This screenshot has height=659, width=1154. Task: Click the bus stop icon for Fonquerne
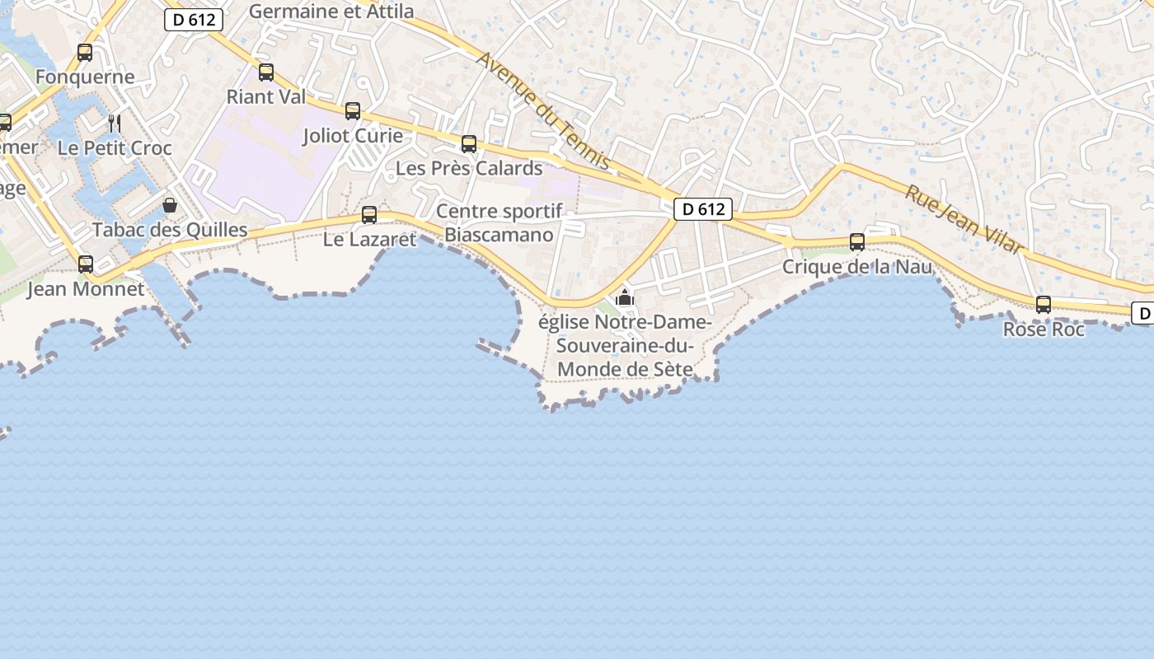pos(85,53)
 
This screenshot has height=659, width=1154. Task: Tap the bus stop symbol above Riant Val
pos(266,72)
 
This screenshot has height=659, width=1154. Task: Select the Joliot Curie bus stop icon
pos(353,111)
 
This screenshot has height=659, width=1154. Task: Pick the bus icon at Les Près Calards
pos(469,144)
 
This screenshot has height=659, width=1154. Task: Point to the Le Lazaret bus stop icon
pos(369,215)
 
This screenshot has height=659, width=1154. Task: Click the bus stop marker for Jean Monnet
pos(86,264)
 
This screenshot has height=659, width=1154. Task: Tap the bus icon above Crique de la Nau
pos(857,242)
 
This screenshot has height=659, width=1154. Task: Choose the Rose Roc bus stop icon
pos(1044,305)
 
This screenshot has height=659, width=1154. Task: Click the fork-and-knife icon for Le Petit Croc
pos(115,124)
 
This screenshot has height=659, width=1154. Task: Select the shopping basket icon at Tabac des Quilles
pos(170,205)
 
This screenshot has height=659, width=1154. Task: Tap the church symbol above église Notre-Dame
pos(625,297)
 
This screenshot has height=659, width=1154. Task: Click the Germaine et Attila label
pos(331,12)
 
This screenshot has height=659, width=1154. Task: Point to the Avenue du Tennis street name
pos(544,111)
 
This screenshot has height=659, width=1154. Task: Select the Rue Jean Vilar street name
pos(964,219)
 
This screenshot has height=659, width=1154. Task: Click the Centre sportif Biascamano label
pos(499,222)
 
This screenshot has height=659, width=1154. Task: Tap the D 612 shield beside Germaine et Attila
pos(195,20)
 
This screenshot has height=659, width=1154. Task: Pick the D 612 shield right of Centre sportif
pos(703,209)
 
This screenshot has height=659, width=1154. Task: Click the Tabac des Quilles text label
pos(170,230)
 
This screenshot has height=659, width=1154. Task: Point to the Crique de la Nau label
pos(857,267)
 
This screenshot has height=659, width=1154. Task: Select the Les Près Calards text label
pos(469,168)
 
